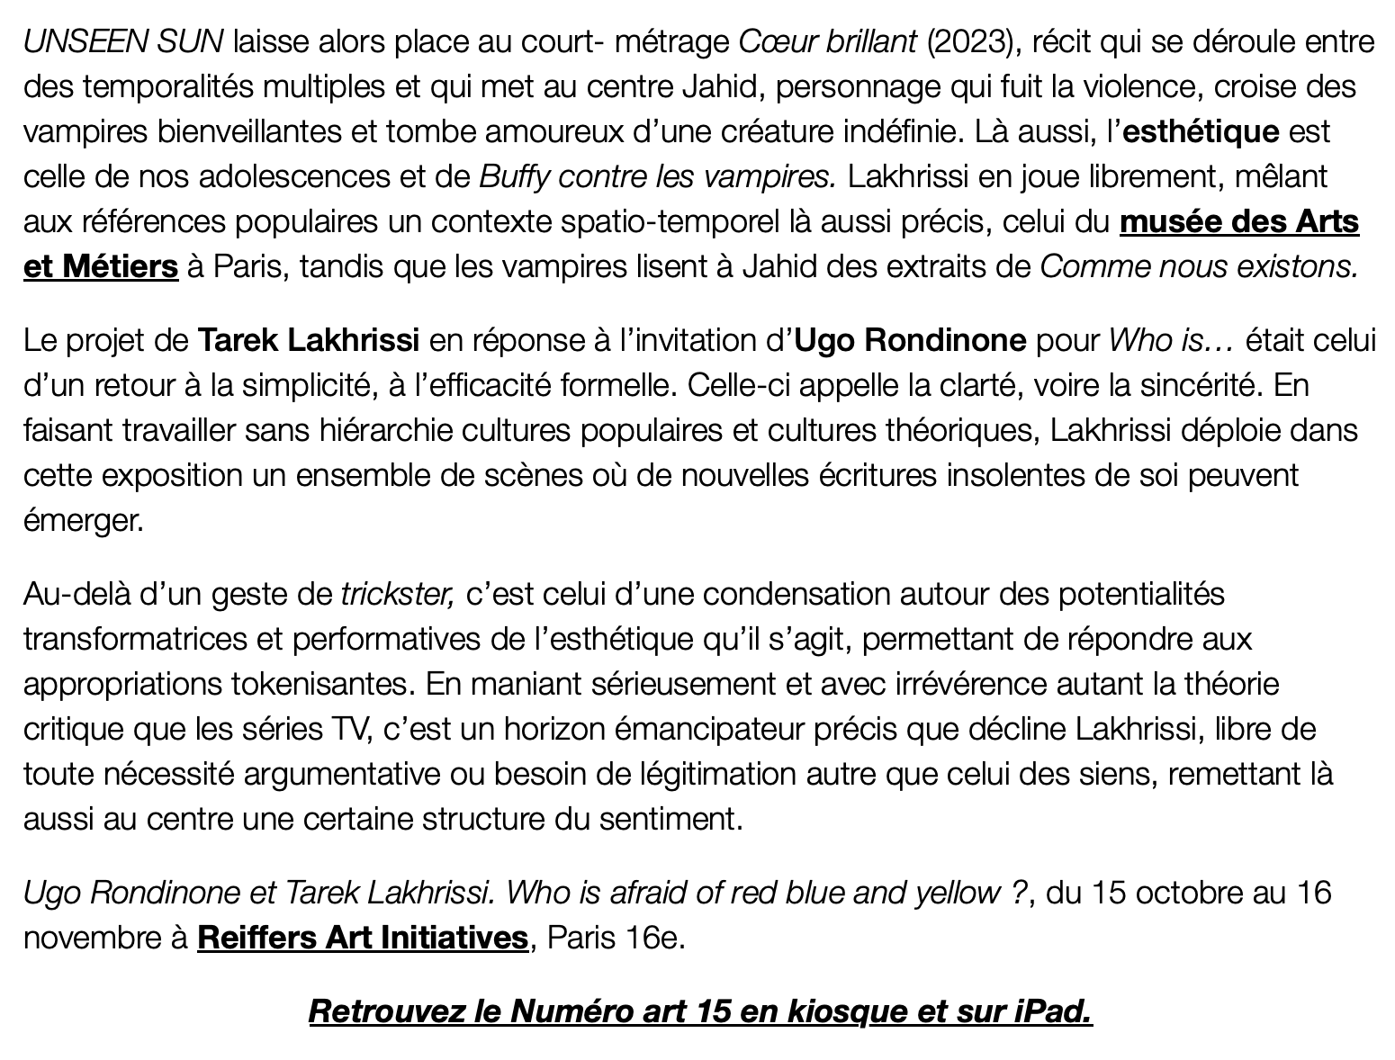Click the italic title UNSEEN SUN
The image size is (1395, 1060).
[122, 41]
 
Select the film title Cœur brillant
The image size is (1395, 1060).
[827, 41]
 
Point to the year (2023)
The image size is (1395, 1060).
[973, 41]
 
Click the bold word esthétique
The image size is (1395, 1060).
[1201, 131]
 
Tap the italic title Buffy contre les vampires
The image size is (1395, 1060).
[658, 176]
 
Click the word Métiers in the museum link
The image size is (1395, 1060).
[121, 266]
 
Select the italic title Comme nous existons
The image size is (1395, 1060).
[1199, 266]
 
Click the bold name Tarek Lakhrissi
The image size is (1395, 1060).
[308, 340]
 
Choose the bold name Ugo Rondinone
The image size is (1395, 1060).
[911, 340]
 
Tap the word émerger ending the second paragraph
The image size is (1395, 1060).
[83, 520]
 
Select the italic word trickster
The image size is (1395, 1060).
[397, 594]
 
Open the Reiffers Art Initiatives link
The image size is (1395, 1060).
[362, 938]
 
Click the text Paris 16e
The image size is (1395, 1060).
[616, 938]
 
